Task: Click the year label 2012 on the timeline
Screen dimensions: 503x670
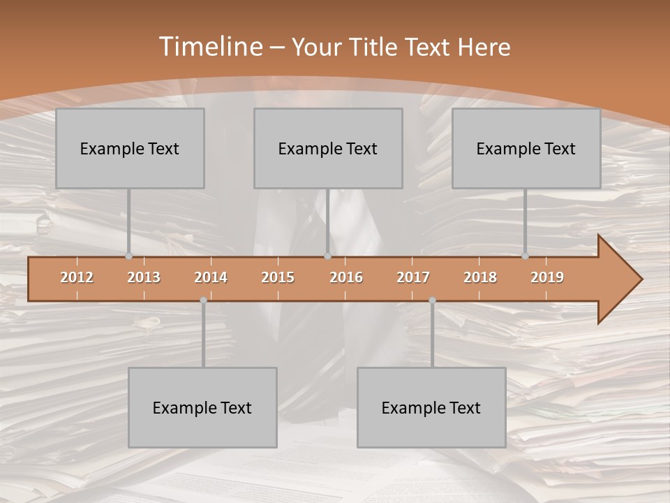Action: tap(77, 277)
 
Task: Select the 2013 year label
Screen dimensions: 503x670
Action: tap(144, 277)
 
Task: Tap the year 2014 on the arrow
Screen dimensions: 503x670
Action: tap(211, 277)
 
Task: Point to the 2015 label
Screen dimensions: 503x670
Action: tap(278, 277)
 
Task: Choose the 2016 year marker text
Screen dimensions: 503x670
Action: tap(346, 277)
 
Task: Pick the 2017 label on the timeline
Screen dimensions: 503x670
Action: tap(413, 277)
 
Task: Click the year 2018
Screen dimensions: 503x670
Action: tap(480, 277)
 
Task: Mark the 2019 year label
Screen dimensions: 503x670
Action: tap(547, 277)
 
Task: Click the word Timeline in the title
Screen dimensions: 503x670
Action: tap(210, 47)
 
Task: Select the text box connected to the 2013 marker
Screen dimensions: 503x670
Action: tap(130, 148)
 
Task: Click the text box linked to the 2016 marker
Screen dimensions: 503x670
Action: tap(328, 148)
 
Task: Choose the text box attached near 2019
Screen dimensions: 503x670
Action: tap(526, 148)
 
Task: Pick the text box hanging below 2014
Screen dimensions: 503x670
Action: tap(202, 407)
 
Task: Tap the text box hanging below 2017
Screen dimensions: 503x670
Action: tap(431, 407)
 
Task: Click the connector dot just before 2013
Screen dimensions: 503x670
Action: tap(128, 256)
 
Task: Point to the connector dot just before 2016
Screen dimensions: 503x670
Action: tap(327, 256)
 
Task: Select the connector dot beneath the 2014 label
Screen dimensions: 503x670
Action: tap(203, 300)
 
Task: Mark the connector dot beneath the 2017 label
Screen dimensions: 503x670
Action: tap(432, 300)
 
